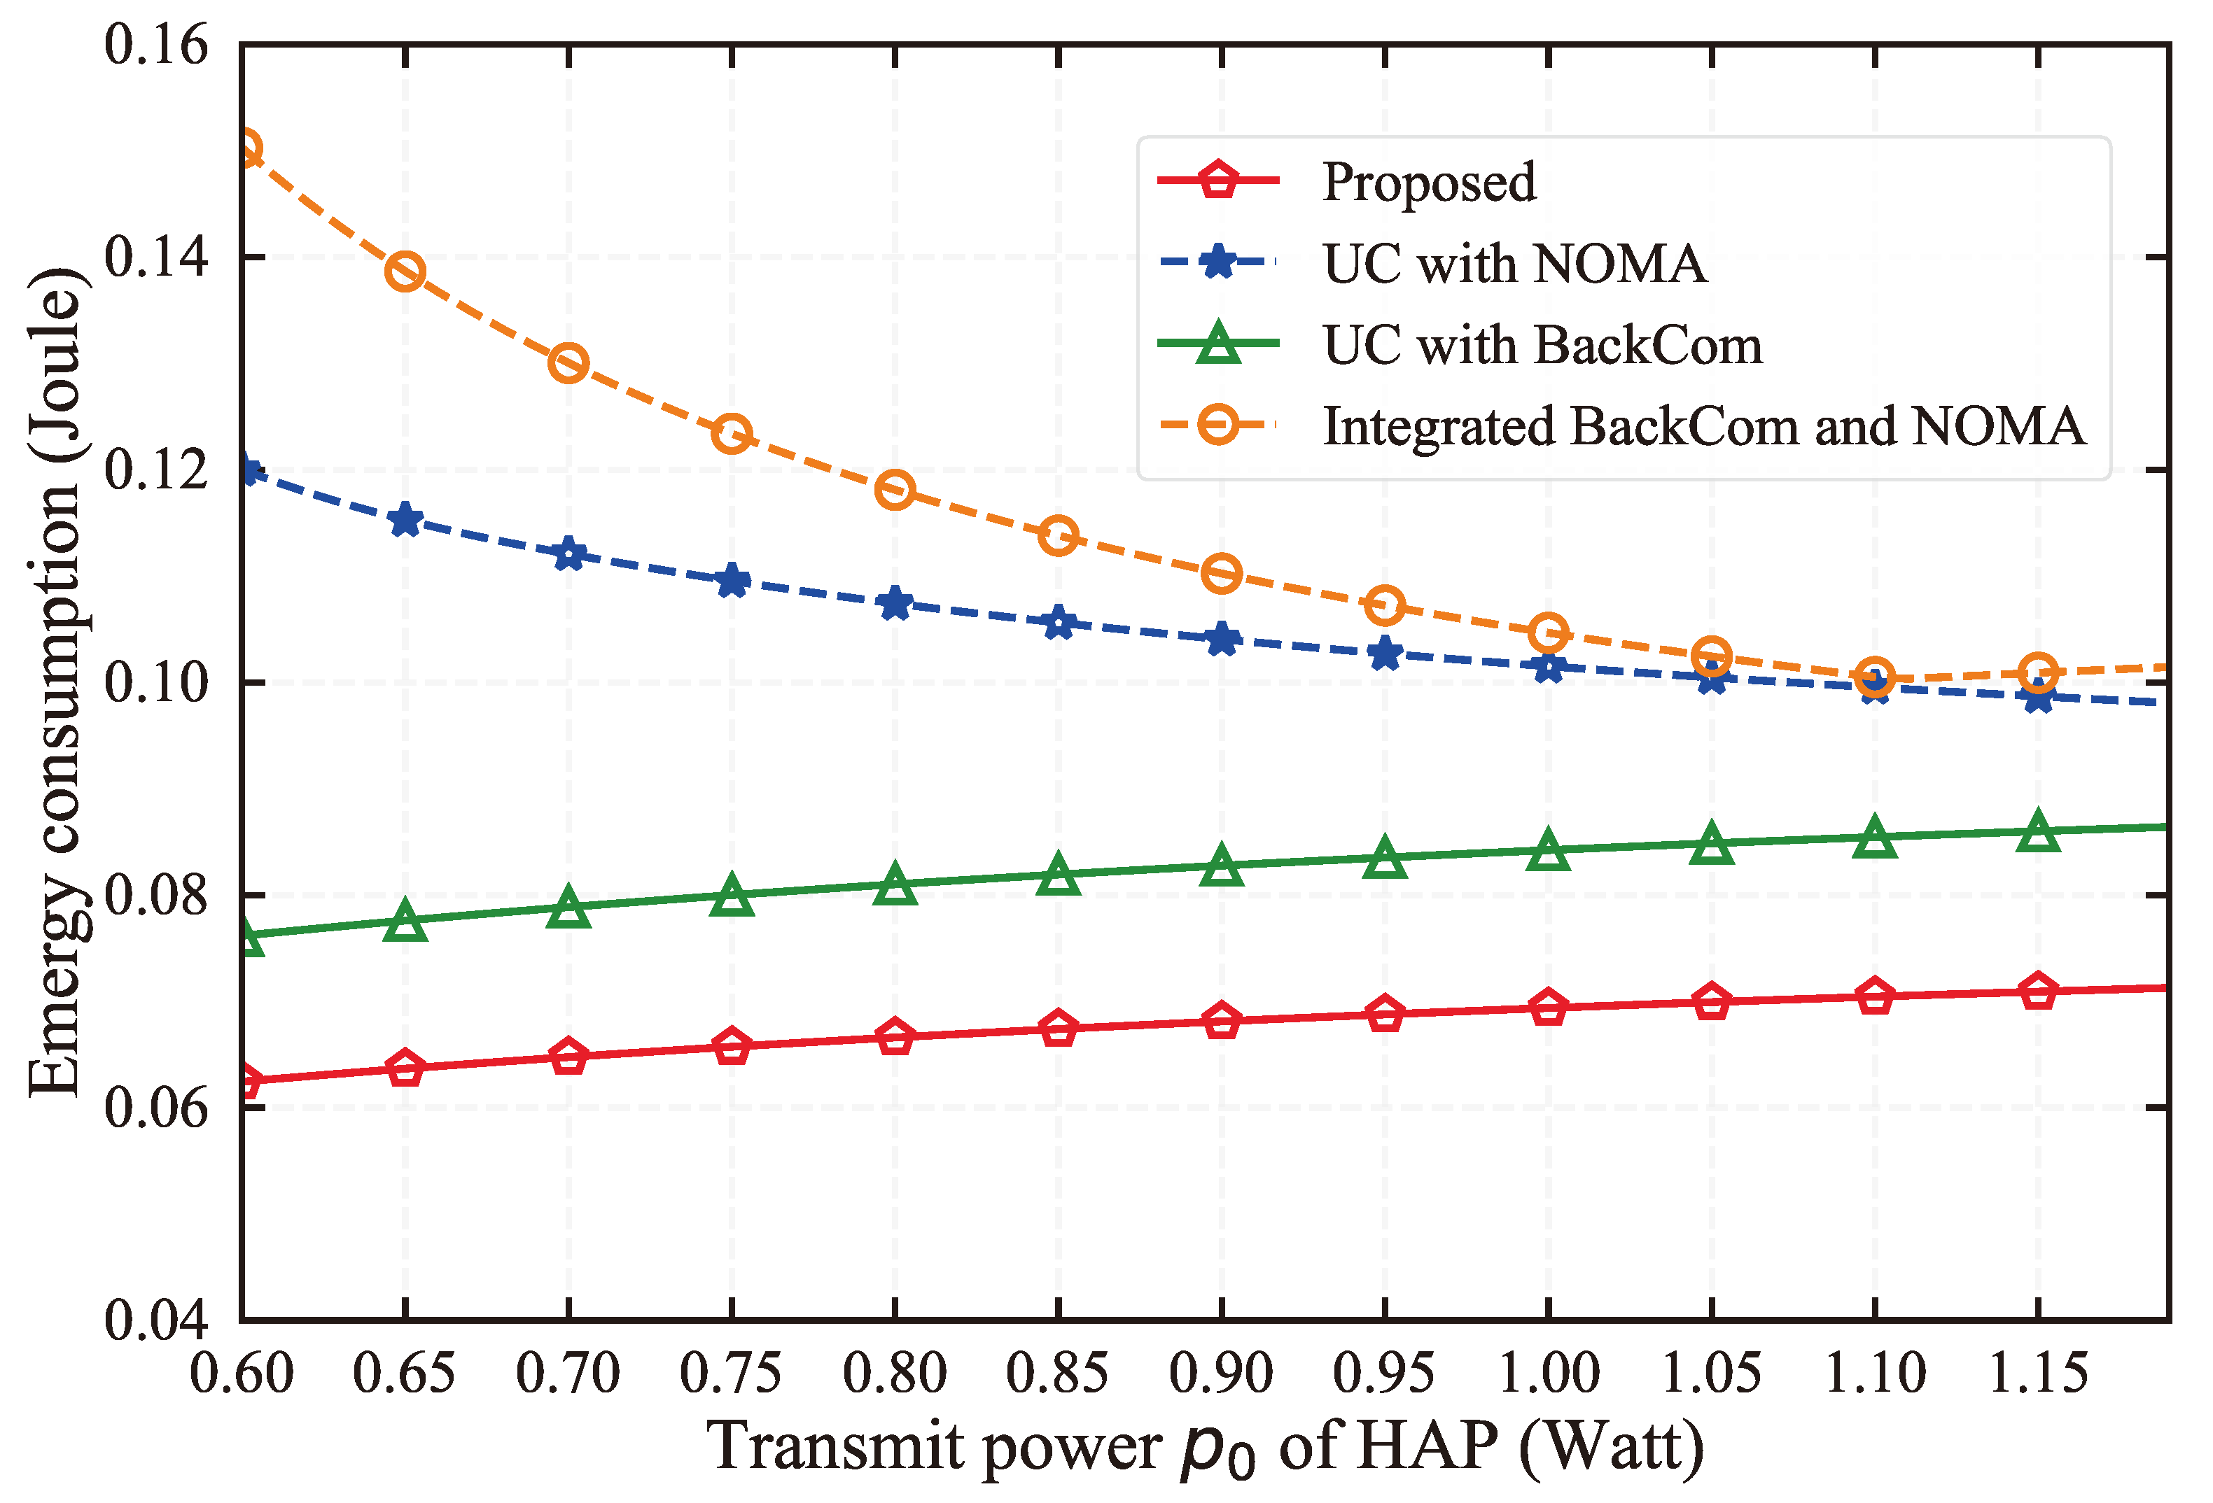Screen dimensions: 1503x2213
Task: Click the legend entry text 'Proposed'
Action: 1428,182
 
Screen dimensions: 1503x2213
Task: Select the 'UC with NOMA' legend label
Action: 1514,264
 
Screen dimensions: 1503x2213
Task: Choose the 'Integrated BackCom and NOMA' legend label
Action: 1703,425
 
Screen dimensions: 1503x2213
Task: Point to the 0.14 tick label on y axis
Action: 155,257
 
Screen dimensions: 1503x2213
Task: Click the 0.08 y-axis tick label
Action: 155,896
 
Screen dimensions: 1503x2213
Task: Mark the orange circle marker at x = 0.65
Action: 405,273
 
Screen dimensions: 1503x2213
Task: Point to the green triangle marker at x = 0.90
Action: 1222,864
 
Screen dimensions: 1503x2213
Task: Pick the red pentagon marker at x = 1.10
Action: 1875,996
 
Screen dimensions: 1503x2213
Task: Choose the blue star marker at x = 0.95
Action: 1385,655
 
